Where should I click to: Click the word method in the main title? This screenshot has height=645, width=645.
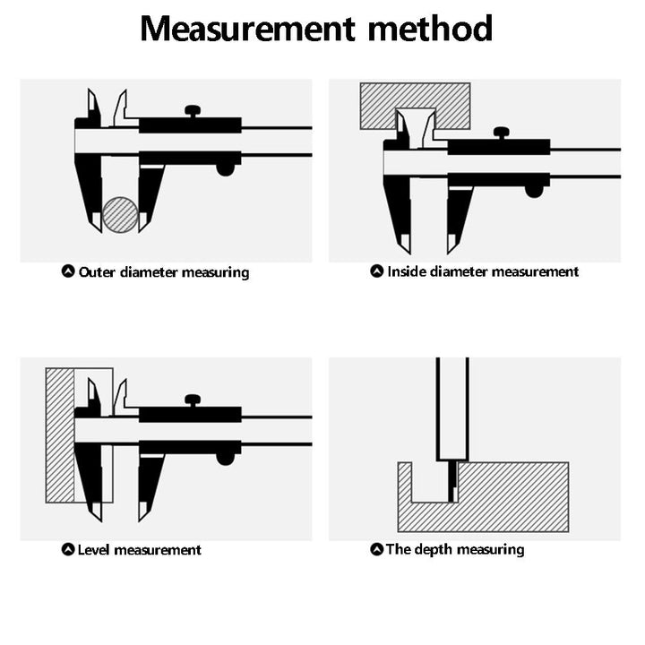point(431,29)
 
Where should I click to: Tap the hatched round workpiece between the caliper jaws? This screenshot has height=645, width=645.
point(120,215)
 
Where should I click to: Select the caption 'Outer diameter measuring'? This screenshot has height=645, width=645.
point(164,271)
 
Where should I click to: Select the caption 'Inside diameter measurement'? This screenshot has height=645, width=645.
point(483,271)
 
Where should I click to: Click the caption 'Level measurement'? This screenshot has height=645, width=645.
point(140,550)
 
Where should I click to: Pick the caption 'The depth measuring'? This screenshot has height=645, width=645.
point(455,549)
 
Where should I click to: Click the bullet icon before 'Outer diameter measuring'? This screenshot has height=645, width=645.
point(68,271)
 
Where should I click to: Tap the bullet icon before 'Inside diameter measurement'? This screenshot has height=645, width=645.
point(376,271)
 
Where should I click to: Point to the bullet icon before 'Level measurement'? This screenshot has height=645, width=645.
point(68,550)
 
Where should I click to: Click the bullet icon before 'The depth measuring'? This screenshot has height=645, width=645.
point(376,549)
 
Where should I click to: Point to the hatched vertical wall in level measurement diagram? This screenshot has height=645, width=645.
point(59,434)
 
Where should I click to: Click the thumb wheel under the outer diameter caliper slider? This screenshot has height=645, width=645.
point(227,168)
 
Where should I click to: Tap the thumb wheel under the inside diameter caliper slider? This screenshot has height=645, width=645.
point(536,190)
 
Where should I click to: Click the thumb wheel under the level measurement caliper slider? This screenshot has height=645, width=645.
point(227,457)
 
